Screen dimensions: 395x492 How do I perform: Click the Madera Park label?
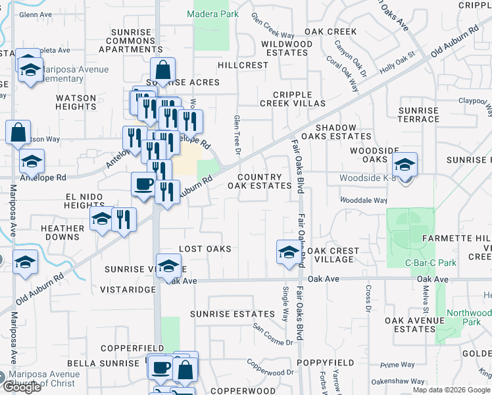tap(212, 14)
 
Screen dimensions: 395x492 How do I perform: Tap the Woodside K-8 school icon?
tap(405, 165)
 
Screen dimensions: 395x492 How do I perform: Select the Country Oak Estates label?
tap(259, 182)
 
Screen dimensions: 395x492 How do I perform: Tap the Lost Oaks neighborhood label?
tap(205, 249)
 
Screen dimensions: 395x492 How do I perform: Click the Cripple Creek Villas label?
tap(292, 99)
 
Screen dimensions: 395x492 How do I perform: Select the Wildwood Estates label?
tap(286, 49)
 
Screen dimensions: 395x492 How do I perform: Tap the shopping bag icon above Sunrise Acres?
tap(162, 69)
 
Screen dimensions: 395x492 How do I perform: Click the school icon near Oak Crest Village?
tap(288, 252)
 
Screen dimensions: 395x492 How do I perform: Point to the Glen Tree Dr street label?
tap(236, 132)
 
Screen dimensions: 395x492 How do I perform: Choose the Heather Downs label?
tap(62, 233)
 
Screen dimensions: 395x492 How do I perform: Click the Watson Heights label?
tap(76, 102)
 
